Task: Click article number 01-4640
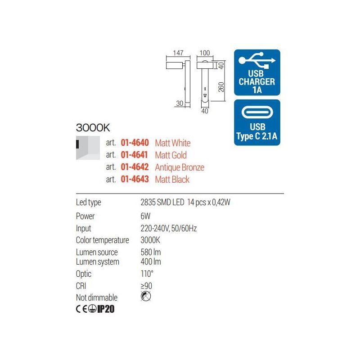135,143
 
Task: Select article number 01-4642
135,167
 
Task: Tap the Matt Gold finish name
171,155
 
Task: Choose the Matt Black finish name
172,180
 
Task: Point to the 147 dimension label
178,53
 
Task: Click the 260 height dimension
221,87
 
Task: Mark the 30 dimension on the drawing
180,103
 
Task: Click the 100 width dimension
205,53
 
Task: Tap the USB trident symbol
257,60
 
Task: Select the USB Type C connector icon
257,112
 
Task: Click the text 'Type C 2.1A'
257,136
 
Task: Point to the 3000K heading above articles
93,128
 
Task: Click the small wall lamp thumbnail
88,148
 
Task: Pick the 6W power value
145,216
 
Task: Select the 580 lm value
151,252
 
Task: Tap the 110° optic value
147,274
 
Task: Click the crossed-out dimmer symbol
146,296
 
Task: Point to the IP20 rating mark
106,309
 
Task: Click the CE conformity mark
81,309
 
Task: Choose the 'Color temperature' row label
103,240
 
